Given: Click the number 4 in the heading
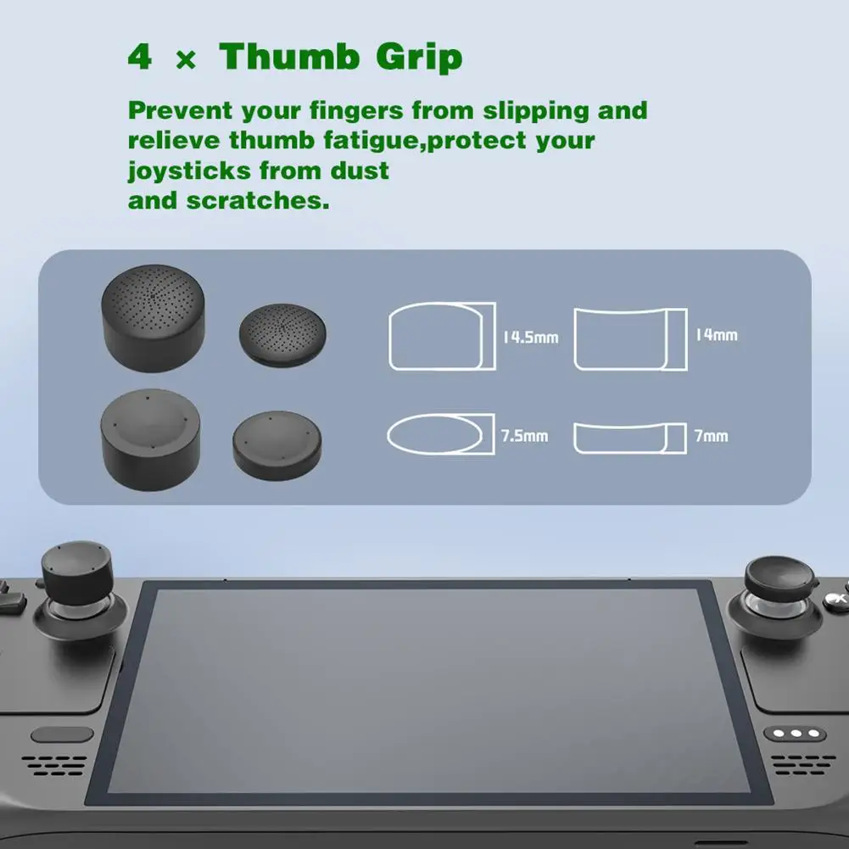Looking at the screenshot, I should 139,58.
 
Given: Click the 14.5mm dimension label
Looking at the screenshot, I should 530,338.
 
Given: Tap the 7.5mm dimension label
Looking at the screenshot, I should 524,436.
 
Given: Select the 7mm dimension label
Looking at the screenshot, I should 711,436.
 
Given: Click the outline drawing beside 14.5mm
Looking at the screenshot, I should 441,336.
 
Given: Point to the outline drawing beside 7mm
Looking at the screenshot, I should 629,436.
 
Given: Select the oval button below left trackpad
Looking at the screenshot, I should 61,734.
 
